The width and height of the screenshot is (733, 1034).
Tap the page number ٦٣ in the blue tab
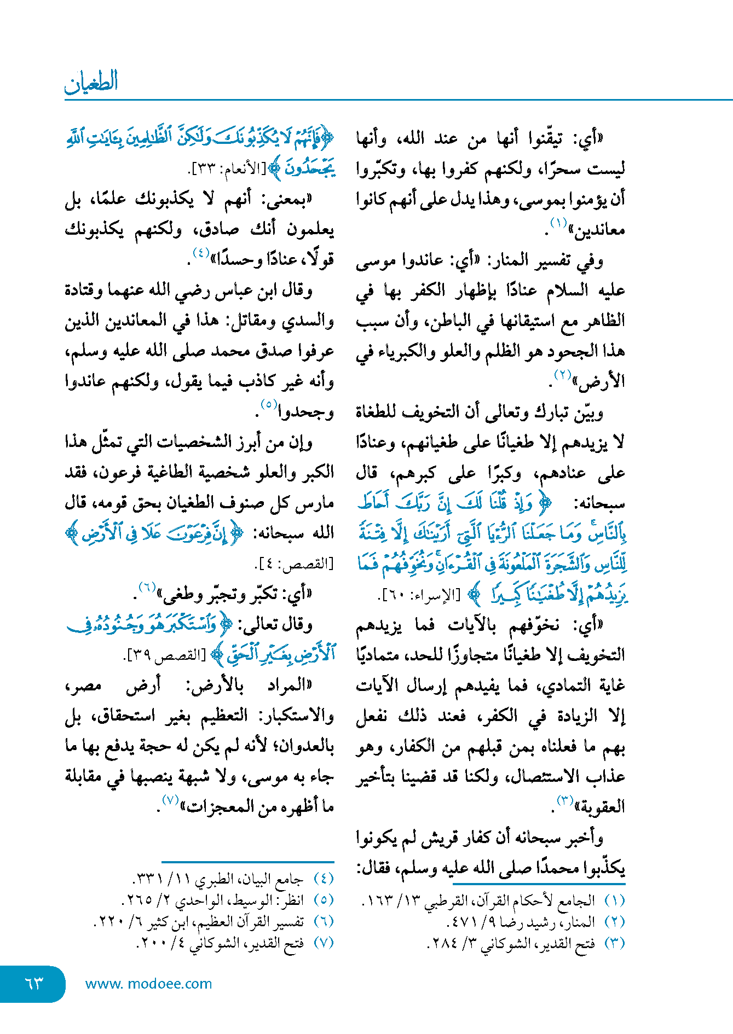coord(34,983)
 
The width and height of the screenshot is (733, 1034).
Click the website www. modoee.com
coord(148,984)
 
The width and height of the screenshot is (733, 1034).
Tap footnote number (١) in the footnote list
coord(614,900)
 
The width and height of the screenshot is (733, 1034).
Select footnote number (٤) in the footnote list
coord(324,879)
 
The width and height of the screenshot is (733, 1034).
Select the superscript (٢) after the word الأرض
coord(562,375)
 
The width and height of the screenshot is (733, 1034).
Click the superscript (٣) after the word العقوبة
coord(565,801)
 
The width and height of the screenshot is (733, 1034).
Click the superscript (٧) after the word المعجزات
coord(170,800)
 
